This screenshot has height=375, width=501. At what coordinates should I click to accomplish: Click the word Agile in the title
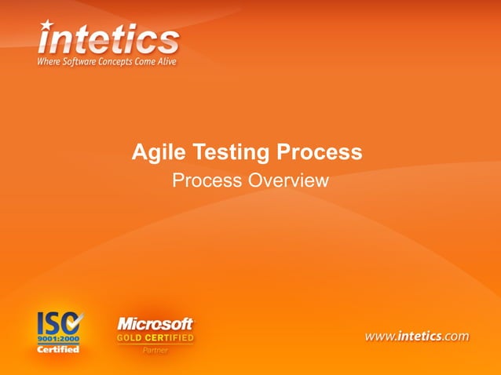click(x=154, y=152)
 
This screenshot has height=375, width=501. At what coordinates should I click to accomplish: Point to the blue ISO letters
click(x=53, y=322)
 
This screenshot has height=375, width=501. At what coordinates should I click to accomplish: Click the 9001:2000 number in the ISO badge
click(x=59, y=339)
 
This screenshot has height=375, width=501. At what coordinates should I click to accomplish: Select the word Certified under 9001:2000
click(x=59, y=349)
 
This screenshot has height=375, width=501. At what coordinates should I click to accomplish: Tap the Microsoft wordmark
click(x=155, y=323)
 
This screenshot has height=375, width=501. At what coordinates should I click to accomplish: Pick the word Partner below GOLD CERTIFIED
click(x=155, y=350)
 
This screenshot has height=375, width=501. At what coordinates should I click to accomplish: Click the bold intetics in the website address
click(x=420, y=336)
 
